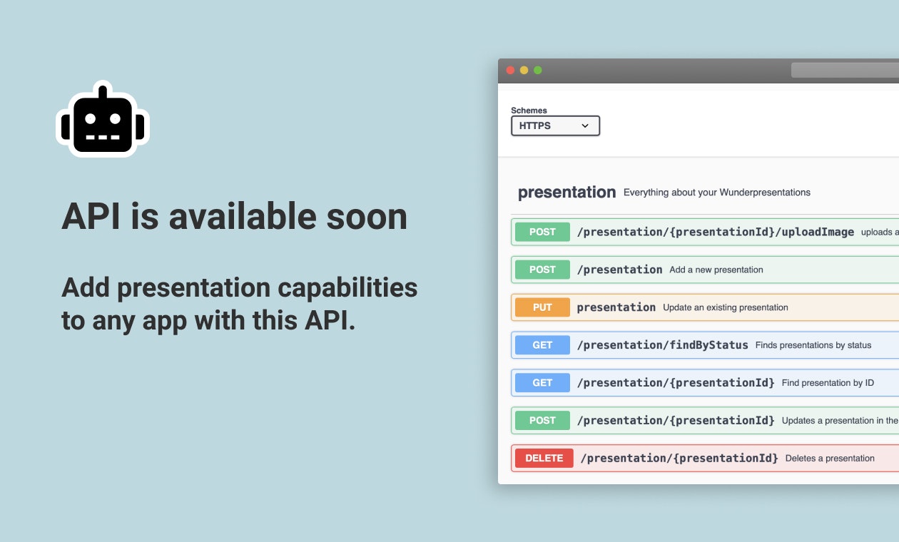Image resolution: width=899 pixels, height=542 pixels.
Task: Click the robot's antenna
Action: click(103, 92)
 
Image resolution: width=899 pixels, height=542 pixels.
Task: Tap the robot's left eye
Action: click(91, 119)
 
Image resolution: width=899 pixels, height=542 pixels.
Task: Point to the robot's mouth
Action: click(103, 137)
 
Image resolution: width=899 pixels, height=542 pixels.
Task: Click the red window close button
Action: click(511, 70)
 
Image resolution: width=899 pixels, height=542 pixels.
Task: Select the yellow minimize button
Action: click(524, 70)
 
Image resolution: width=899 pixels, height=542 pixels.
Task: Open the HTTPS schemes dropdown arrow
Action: click(585, 126)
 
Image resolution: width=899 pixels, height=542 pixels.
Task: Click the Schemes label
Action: click(529, 111)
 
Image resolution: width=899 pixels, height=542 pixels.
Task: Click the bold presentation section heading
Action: click(567, 192)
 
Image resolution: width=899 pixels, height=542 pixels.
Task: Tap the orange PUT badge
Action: click(542, 307)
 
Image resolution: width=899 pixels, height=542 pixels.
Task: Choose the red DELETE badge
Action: click(544, 458)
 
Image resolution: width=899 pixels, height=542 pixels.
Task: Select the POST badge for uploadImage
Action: click(542, 232)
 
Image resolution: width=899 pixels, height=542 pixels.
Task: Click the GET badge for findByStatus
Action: click(542, 345)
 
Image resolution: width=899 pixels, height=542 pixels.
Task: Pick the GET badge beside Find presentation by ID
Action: click(542, 383)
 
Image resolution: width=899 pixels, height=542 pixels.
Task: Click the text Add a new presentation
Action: click(716, 270)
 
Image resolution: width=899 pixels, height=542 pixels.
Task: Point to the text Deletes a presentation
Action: click(830, 458)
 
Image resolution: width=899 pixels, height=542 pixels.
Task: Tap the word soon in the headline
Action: click(367, 217)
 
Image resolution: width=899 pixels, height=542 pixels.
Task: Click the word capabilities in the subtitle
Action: click(347, 288)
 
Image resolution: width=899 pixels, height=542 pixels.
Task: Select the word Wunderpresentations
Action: click(765, 193)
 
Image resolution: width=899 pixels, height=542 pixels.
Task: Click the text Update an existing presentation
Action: click(725, 307)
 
